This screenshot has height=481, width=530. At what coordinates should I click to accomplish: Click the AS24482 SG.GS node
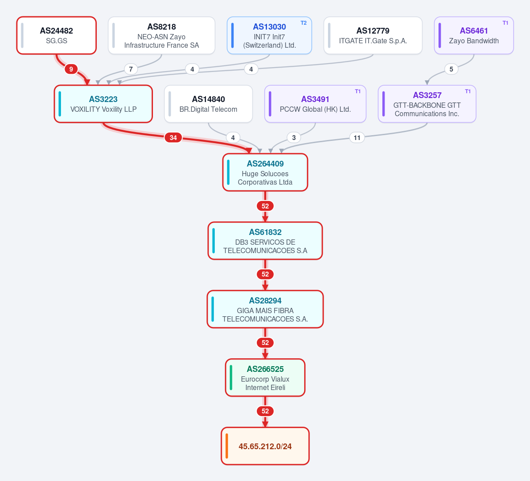[x=57, y=35]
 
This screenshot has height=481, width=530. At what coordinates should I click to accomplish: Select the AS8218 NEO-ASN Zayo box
[x=162, y=35]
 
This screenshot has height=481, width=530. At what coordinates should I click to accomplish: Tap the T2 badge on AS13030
[x=304, y=23]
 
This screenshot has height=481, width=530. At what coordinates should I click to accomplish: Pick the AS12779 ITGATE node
[x=373, y=35]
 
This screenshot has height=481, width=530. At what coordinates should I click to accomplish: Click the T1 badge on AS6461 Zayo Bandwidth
[x=505, y=23]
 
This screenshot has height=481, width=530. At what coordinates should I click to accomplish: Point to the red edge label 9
[x=71, y=69]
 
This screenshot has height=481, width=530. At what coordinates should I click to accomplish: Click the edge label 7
[x=131, y=69]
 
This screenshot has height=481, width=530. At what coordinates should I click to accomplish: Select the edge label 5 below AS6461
[x=451, y=69]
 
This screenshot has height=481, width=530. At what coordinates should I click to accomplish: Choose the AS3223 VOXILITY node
[x=103, y=104]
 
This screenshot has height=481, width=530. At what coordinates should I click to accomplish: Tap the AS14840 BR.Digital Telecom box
[x=208, y=104]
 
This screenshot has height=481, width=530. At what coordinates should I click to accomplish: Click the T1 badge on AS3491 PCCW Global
[x=358, y=91]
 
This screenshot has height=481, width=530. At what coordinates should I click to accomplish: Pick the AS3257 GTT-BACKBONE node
[x=427, y=104]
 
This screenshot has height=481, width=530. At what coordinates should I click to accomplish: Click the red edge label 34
[x=173, y=138]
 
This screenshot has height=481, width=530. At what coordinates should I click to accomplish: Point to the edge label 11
[x=357, y=138]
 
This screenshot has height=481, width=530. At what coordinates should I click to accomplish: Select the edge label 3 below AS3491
[x=294, y=138]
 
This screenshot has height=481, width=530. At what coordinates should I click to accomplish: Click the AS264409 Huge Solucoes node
[x=265, y=173]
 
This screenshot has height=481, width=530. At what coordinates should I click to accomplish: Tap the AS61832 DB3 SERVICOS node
[x=265, y=241]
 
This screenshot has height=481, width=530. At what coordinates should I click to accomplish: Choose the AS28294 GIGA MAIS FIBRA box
[x=265, y=310]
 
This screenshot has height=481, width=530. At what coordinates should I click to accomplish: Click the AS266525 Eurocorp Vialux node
[x=265, y=378]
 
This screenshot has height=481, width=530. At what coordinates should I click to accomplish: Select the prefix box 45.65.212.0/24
[x=265, y=446]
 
